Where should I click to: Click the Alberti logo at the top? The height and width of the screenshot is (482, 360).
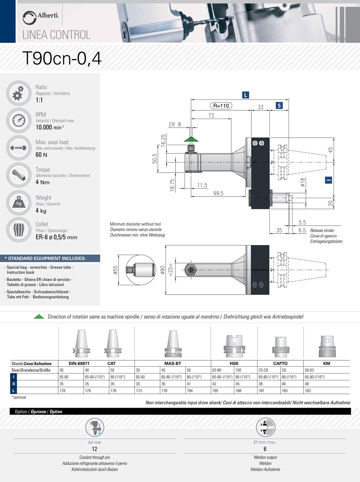point(40,17)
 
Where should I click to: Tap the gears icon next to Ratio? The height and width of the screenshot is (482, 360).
point(19,93)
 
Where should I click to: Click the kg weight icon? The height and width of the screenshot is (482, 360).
point(19,203)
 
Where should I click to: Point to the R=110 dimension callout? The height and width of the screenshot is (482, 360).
point(221,106)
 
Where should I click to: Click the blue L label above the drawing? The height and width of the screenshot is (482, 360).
point(245,95)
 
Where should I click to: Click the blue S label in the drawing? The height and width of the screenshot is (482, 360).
point(279,106)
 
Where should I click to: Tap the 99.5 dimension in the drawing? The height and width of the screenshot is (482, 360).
point(218,193)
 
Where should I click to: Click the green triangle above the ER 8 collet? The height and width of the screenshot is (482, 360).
point(191,139)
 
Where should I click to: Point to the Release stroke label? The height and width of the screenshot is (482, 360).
point(322,231)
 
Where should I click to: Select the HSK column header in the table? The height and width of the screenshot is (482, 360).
point(234,363)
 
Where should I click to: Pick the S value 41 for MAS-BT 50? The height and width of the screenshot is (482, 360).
point(189,384)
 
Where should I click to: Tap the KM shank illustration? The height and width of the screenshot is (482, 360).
point(327,346)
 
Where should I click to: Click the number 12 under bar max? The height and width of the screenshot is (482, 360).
point(94,449)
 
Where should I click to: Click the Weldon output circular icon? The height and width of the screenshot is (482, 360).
point(265,427)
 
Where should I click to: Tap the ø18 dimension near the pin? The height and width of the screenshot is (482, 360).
point(303,182)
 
